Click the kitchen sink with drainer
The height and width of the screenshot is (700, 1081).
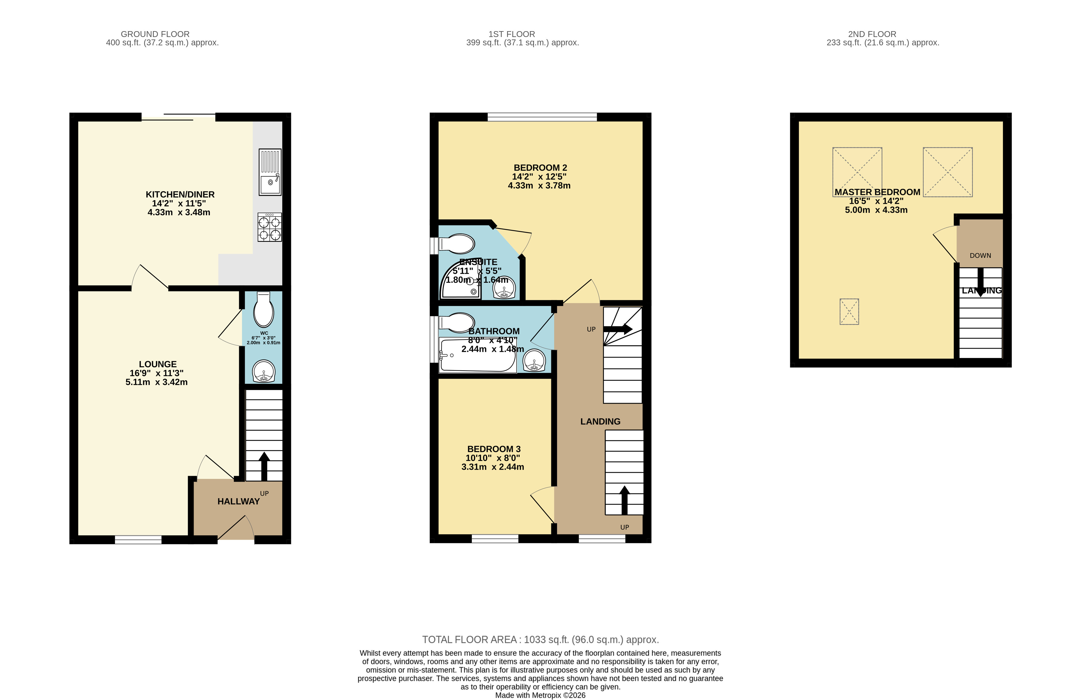coord(270,172)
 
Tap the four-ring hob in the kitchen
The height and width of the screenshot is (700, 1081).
coord(269,227)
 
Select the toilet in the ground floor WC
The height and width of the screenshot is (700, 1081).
coord(264,310)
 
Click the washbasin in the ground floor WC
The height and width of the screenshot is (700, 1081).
coord(264,371)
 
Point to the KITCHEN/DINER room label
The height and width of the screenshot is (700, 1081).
coord(180,194)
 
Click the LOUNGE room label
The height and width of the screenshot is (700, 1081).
coord(158,364)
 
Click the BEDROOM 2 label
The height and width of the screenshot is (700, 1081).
coord(540,168)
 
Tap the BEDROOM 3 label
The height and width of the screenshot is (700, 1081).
coord(494,449)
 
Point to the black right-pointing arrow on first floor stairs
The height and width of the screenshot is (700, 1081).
coord(618,329)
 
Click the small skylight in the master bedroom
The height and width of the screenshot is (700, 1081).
coord(849,312)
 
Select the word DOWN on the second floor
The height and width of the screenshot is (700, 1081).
coord(980,256)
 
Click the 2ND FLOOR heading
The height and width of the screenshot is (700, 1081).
coord(872,34)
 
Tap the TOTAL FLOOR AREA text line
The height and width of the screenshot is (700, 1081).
coord(540,640)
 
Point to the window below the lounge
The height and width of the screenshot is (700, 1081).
coord(138,539)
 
